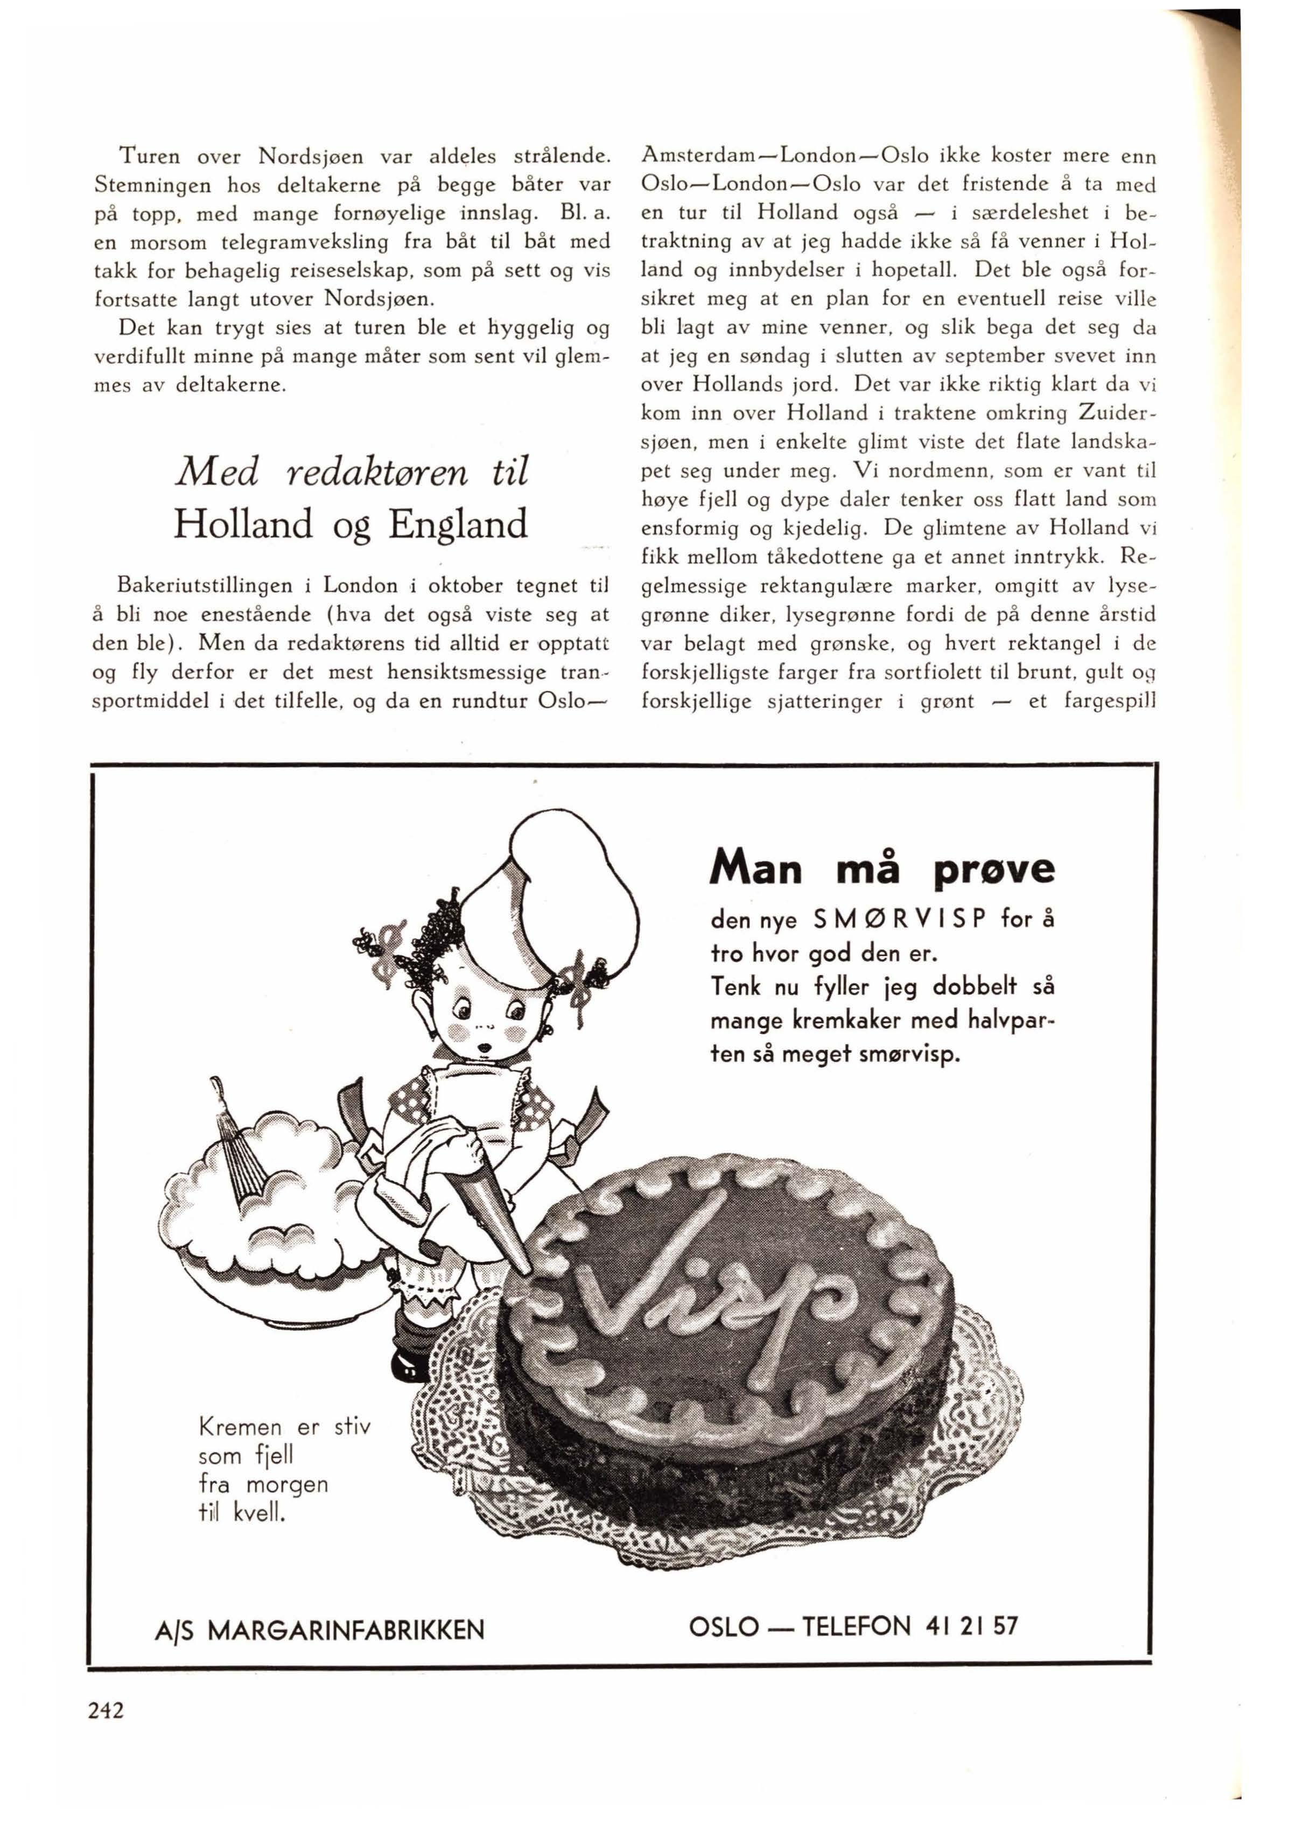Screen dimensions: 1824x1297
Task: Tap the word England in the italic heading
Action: coord(458,525)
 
